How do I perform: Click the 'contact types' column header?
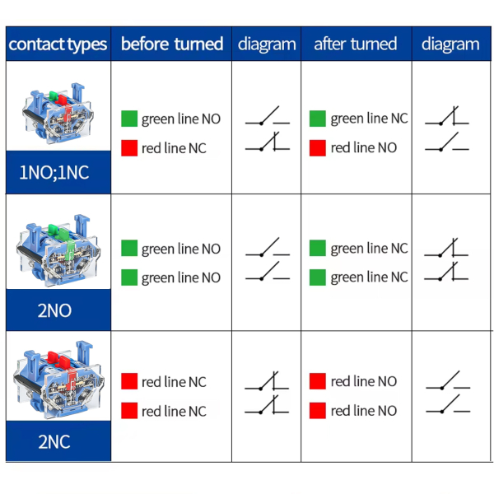click(58, 44)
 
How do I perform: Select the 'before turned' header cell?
click(172, 44)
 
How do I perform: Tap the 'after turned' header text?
click(356, 44)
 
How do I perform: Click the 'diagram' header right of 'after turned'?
click(450, 44)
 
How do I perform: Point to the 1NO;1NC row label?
click(54, 173)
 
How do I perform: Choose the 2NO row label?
click(54, 310)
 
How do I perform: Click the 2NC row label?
click(54, 441)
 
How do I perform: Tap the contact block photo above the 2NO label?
click(58, 250)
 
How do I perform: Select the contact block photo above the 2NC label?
click(58, 380)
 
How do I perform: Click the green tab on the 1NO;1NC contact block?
click(53, 96)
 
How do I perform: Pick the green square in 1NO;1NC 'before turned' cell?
click(129, 119)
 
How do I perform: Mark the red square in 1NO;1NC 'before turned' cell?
click(129, 147)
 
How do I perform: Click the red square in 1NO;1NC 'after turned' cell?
click(318, 147)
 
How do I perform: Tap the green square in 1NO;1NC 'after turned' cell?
click(318, 119)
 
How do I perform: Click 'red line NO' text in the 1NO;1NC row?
click(364, 147)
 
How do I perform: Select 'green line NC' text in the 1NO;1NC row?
click(369, 119)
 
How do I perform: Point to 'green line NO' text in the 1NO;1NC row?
click(181, 119)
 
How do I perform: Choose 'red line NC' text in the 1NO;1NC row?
click(174, 148)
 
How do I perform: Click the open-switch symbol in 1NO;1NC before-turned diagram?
click(267, 115)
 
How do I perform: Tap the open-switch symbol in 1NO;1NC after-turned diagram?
click(447, 142)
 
